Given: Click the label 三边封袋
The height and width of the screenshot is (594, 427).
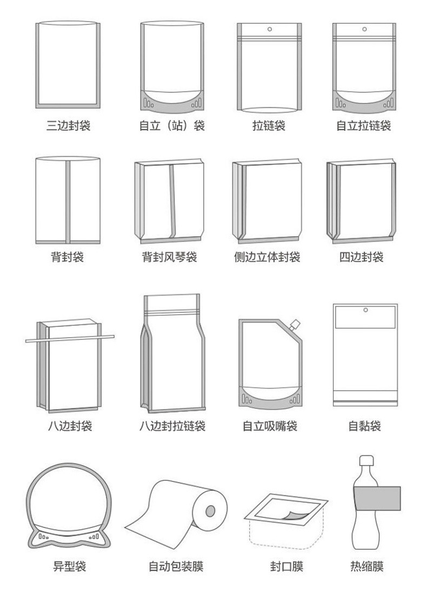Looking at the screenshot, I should (x=68, y=126).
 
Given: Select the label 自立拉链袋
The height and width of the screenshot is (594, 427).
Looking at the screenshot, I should (x=363, y=126).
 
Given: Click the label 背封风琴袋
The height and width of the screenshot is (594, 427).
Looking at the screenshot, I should (x=169, y=257).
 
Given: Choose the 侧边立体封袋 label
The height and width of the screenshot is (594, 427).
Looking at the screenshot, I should (x=267, y=257).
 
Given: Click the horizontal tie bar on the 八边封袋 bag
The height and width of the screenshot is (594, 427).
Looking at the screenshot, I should (x=70, y=338).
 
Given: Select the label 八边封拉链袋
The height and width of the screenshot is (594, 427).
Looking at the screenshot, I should (x=172, y=426).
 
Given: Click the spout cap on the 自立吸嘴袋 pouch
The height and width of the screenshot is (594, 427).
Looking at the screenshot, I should (x=295, y=324).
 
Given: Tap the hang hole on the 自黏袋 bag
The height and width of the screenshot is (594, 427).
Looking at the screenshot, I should (x=365, y=310).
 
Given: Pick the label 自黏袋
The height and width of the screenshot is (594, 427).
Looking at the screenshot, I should (x=364, y=426).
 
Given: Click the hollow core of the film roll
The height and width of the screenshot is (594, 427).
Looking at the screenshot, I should (x=210, y=510).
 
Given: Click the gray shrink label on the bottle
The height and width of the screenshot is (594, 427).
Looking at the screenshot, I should (x=377, y=498).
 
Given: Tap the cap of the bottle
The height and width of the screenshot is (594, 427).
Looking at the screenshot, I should (x=367, y=460).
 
